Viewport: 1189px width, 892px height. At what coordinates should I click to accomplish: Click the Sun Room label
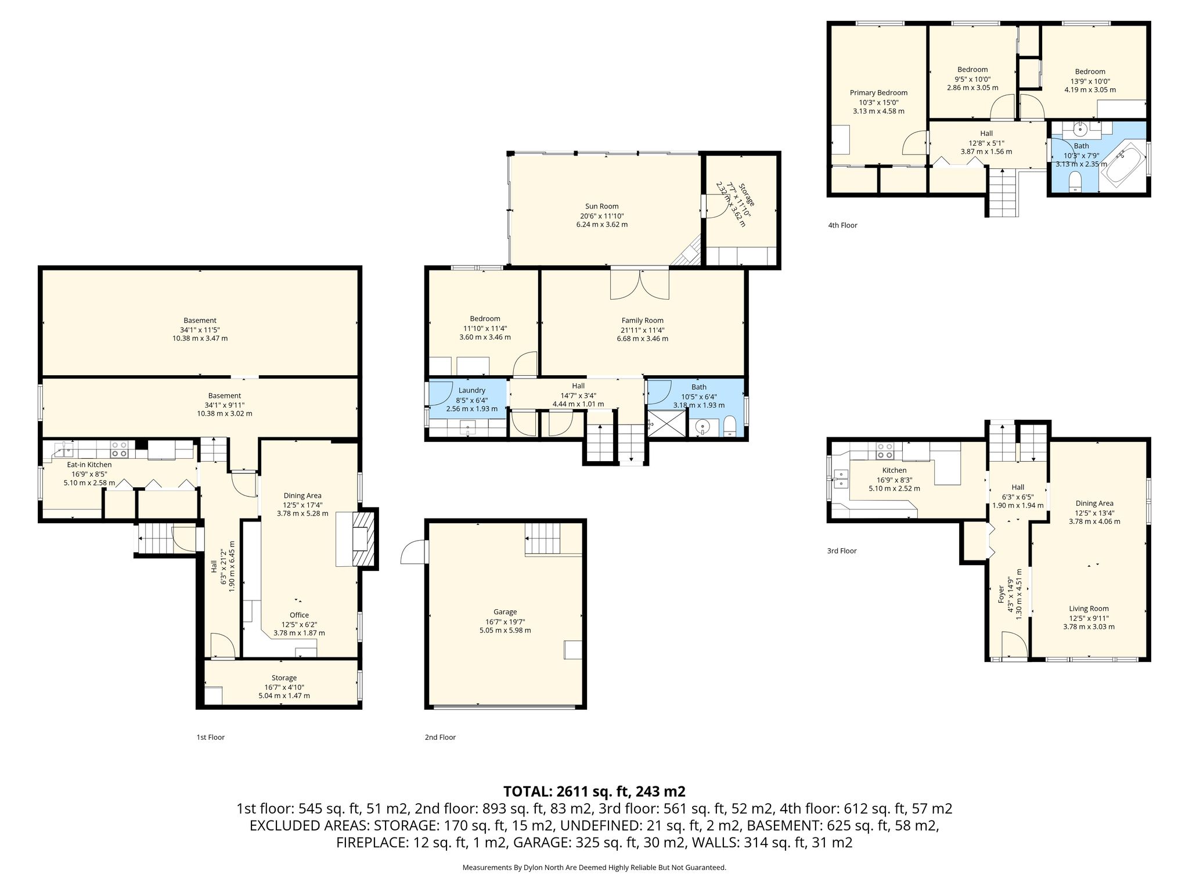click(x=601, y=206)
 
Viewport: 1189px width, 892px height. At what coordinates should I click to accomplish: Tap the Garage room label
click(x=505, y=612)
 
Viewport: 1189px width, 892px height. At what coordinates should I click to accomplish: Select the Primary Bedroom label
click(x=878, y=93)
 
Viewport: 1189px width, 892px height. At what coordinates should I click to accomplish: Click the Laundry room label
click(x=471, y=390)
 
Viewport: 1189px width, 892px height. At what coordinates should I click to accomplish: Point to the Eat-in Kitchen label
click(x=89, y=465)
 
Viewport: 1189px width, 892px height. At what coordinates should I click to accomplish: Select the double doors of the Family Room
click(x=639, y=285)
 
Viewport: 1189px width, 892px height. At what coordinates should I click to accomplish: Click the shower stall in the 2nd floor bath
click(x=666, y=424)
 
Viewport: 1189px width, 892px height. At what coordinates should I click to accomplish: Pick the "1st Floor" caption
click(x=210, y=738)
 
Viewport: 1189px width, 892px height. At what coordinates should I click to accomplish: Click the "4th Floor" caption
click(x=842, y=225)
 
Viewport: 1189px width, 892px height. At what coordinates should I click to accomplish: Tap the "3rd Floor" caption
click(x=842, y=551)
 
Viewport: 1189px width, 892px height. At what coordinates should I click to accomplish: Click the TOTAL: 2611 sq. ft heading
click(x=594, y=792)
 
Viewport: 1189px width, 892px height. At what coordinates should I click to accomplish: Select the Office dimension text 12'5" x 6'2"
click(x=300, y=624)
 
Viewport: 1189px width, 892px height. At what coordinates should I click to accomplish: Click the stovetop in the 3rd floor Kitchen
click(x=885, y=451)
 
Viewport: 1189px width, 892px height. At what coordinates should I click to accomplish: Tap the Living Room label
click(x=1089, y=609)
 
